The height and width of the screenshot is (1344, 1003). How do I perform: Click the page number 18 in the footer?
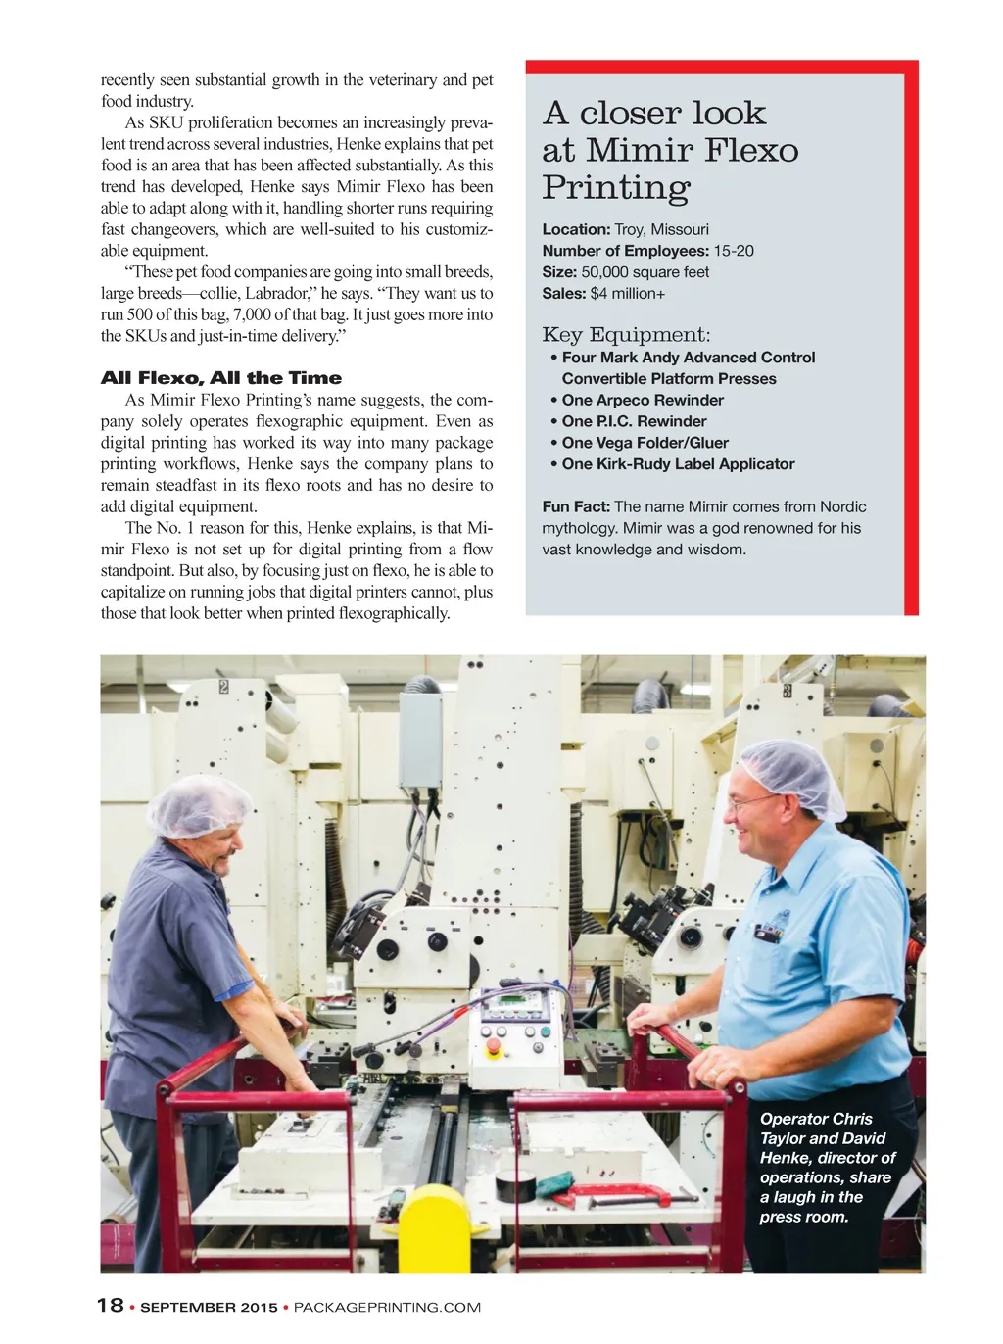[x=110, y=1305]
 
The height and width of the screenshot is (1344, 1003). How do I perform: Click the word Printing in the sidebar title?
[x=616, y=188]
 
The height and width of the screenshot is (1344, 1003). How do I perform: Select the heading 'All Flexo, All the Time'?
[x=221, y=378]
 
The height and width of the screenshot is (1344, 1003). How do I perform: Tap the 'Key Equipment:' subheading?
[x=626, y=335]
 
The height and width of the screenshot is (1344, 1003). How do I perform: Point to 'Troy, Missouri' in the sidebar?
[x=661, y=229]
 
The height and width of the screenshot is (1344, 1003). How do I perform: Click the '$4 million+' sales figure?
[x=628, y=294]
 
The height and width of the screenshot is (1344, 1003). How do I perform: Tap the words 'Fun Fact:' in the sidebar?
[x=576, y=506]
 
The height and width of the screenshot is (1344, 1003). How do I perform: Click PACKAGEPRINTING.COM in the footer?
[x=387, y=1307]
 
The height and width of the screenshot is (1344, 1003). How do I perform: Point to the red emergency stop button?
[x=494, y=1047]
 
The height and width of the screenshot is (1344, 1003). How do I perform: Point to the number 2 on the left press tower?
[x=223, y=686]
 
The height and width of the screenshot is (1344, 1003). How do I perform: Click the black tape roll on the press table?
[x=519, y=1185]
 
